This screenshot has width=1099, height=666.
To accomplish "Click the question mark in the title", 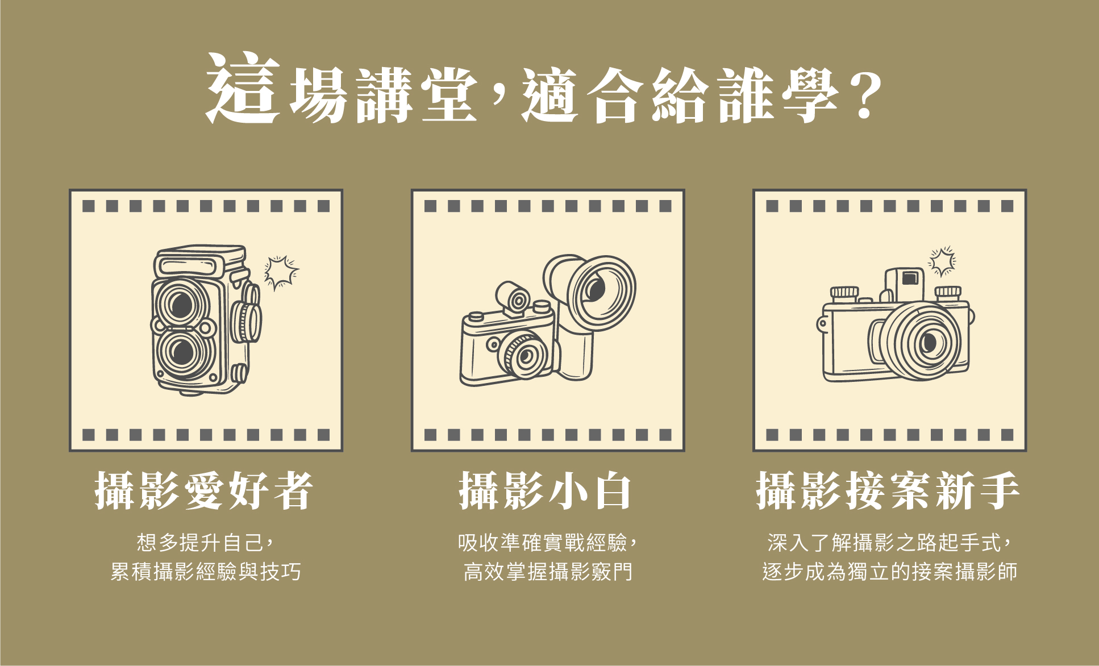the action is (x=865, y=95).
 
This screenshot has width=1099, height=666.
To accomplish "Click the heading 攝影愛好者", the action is (x=204, y=490).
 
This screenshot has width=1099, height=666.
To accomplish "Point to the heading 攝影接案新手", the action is (x=888, y=490).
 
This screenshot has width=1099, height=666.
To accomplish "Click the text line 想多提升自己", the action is (x=205, y=542).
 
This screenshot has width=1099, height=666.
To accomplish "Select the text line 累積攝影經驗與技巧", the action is (x=205, y=572).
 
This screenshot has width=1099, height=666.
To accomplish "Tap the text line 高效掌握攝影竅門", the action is (x=548, y=572).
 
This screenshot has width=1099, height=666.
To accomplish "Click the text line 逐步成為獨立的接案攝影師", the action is (x=889, y=572).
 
